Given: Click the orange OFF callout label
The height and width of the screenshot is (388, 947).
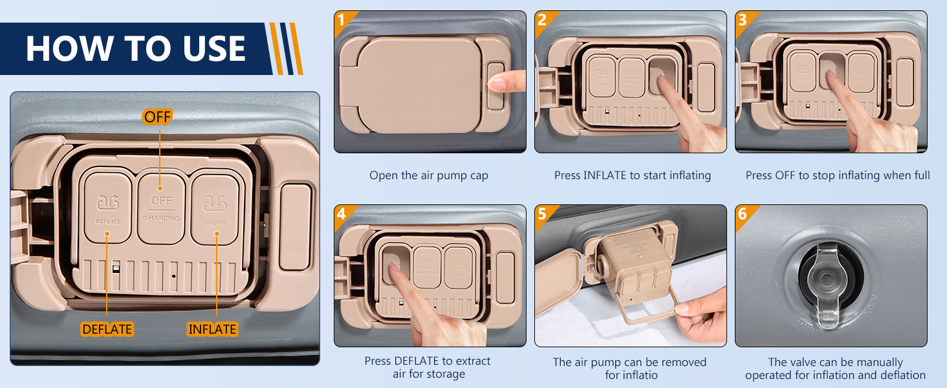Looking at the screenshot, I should pyautogui.click(x=157, y=117).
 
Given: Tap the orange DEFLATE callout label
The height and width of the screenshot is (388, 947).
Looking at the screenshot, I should pyautogui.click(x=107, y=329).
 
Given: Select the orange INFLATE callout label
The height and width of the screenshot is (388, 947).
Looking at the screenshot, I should pyautogui.click(x=212, y=329).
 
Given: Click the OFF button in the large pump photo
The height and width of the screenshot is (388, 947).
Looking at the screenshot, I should pyautogui.click(x=161, y=208).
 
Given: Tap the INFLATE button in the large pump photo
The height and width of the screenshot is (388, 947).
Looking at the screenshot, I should pyautogui.click(x=215, y=208).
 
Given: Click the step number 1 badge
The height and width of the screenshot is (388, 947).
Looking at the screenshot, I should pyautogui.click(x=342, y=19).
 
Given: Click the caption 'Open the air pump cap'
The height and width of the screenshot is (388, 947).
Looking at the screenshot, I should pyautogui.click(x=429, y=175).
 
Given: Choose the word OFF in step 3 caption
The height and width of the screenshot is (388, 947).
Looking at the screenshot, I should pyautogui.click(x=785, y=175).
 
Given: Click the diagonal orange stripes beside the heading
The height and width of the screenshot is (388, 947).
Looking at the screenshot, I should pyautogui.click(x=287, y=49).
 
